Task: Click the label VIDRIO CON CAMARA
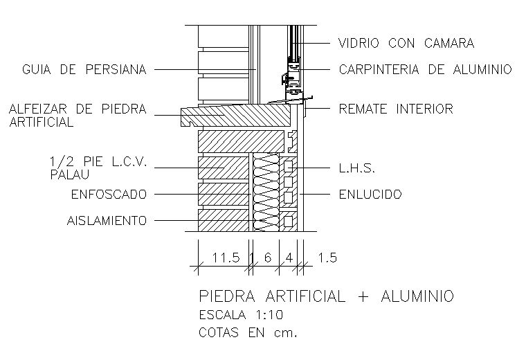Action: pyautogui.click(x=406, y=43)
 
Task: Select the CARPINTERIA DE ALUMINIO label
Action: pyautogui.click(x=425, y=69)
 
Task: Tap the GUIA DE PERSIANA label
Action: pyautogui.click(x=84, y=69)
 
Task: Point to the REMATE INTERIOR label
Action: pyautogui.click(x=395, y=109)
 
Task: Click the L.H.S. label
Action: pyautogui.click(x=356, y=168)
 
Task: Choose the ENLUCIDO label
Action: pyautogui.click(x=370, y=195)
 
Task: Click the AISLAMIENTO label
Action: pyautogui.click(x=107, y=222)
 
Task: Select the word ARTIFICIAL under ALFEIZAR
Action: pyautogui.click(x=42, y=123)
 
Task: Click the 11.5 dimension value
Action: pyautogui.click(x=226, y=258)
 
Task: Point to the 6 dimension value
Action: pyautogui.click(x=266, y=258)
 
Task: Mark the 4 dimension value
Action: pyautogui.click(x=288, y=258)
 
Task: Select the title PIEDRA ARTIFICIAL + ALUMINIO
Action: pyautogui.click(x=326, y=296)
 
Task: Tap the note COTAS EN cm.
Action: pyautogui.click(x=247, y=332)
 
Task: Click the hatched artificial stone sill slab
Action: pyautogui.click(x=239, y=113)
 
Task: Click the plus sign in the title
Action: pyautogui.click(x=364, y=296)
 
